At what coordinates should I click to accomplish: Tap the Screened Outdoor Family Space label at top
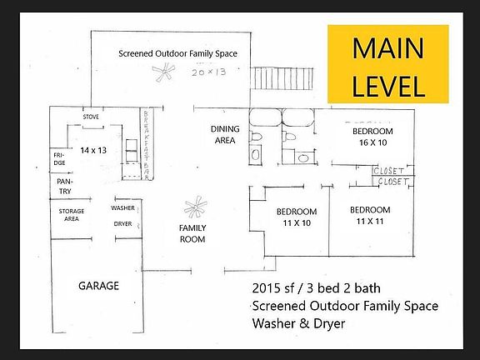tap(177, 54)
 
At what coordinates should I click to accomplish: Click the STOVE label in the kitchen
tap(91, 117)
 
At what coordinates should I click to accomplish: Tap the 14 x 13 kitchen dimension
tap(94, 150)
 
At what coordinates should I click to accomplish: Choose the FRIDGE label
tap(60, 158)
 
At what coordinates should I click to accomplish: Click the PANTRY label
tap(64, 186)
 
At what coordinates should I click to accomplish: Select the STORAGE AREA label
tap(71, 215)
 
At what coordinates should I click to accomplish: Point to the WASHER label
tap(122, 208)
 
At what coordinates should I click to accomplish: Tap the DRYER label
tap(122, 223)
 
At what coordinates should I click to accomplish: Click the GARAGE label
tap(98, 286)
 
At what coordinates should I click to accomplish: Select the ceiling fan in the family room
tap(195, 206)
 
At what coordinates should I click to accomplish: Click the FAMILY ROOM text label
tap(192, 233)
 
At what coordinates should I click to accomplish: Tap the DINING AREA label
tap(224, 134)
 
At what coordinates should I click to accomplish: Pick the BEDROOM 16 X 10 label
tap(371, 138)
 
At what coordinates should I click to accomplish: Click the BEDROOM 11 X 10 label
tap(297, 217)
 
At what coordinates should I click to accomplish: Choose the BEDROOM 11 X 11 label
tap(370, 215)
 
